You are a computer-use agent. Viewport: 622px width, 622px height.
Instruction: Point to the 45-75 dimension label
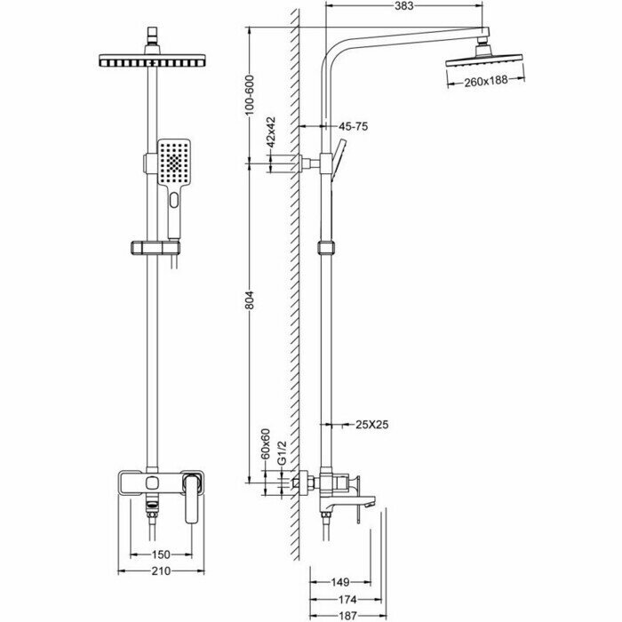[x=353, y=127]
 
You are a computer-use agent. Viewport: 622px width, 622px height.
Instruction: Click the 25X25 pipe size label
[x=371, y=425]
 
